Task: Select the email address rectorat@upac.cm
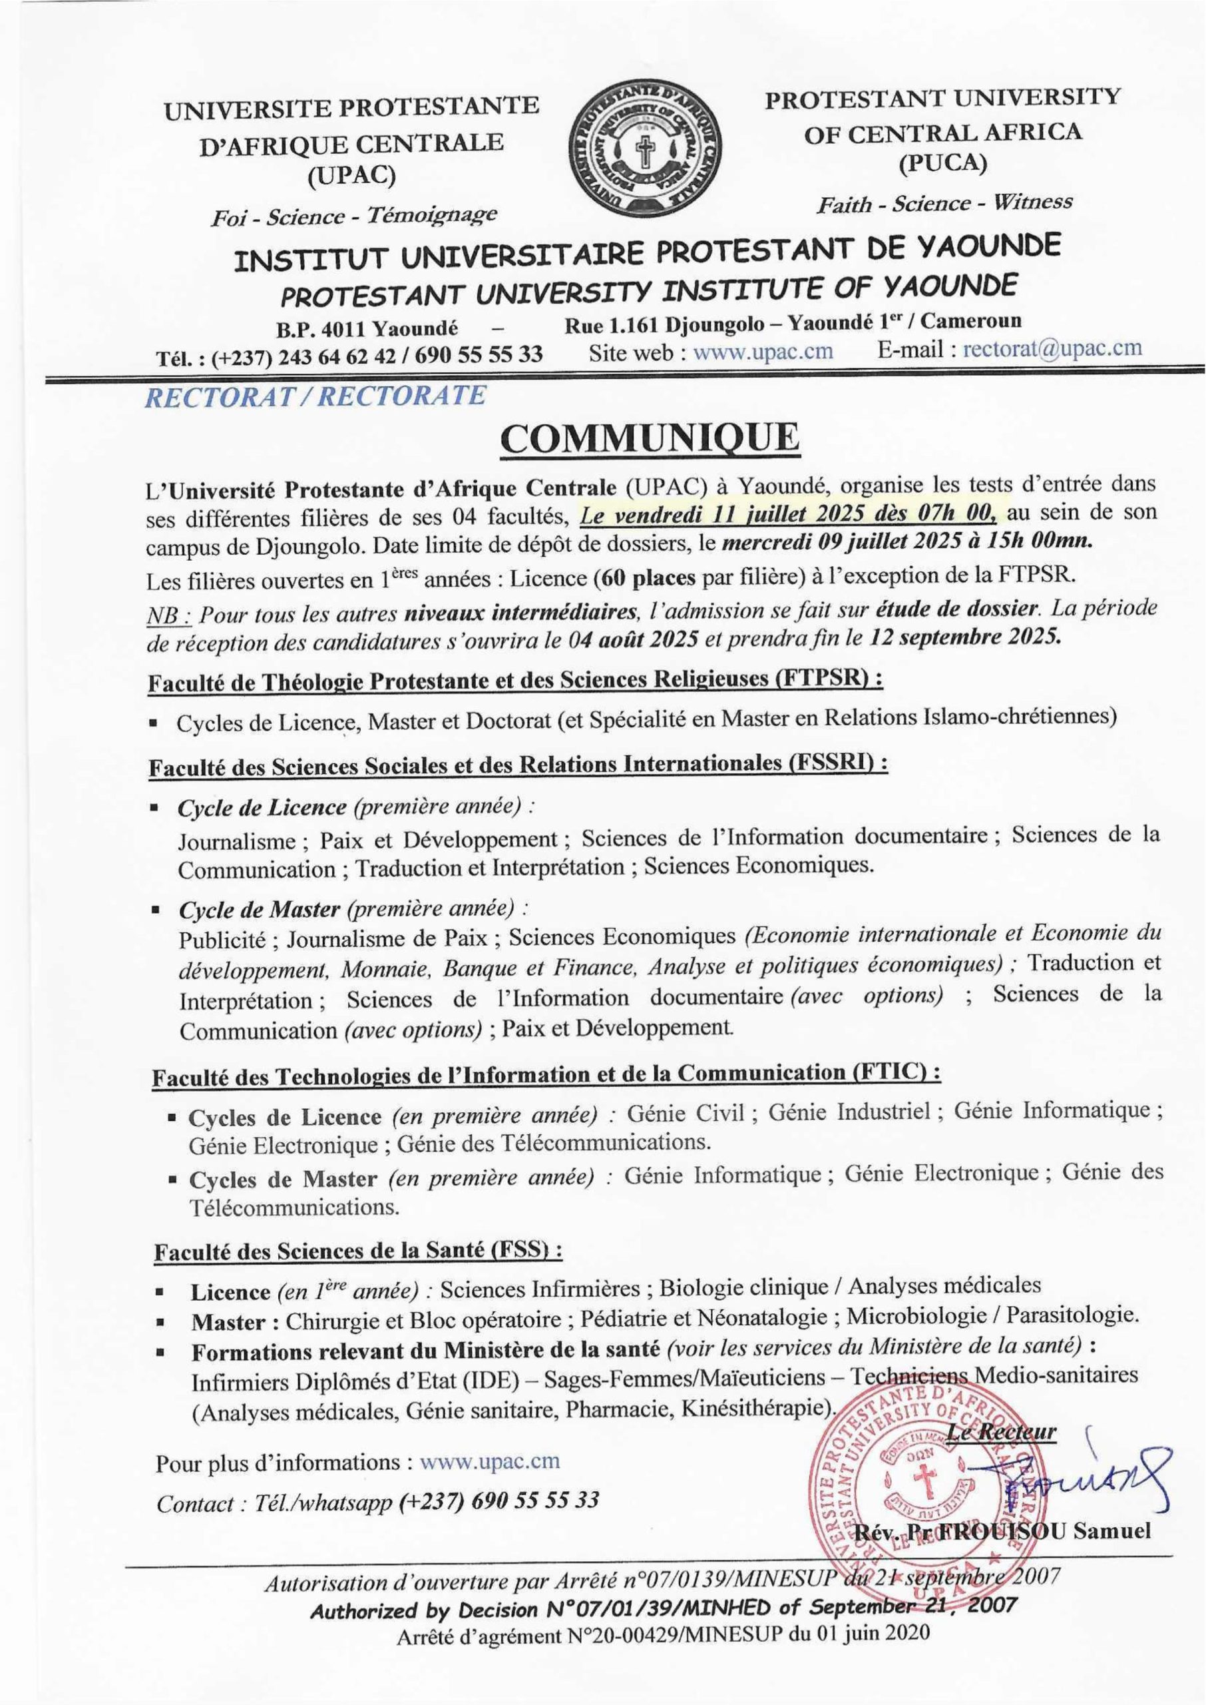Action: (x=1052, y=348)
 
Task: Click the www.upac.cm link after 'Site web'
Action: (x=763, y=352)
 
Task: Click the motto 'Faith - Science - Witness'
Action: (x=944, y=203)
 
